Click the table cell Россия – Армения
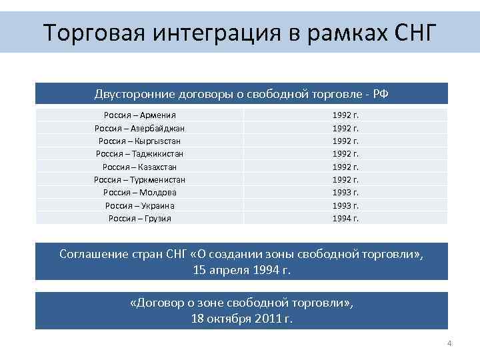(x=139, y=115)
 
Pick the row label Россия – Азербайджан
(x=139, y=128)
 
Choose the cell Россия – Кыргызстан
(x=139, y=141)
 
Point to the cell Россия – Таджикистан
(x=139, y=154)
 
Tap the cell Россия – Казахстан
(x=139, y=167)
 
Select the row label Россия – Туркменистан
(x=139, y=179)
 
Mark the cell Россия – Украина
(x=139, y=205)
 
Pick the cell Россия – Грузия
(x=139, y=218)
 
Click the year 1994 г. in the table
(x=345, y=218)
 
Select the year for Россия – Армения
(x=345, y=115)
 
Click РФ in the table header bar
(x=380, y=94)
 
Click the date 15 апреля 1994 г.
(x=241, y=271)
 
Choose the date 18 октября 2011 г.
(x=241, y=319)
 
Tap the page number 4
(x=449, y=344)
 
